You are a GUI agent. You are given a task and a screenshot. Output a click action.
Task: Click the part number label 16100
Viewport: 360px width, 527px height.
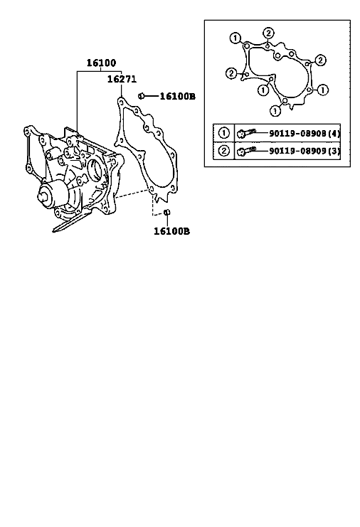(101, 63)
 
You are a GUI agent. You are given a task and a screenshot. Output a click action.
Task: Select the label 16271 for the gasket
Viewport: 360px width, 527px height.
(122, 79)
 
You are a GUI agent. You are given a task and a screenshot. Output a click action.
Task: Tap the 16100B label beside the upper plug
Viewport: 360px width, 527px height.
(177, 97)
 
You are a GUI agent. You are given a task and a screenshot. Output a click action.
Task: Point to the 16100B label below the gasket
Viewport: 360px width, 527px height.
(171, 231)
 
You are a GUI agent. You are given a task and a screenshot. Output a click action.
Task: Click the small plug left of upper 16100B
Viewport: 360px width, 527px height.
(142, 96)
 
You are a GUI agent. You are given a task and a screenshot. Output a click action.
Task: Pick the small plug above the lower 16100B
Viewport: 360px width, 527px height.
(166, 212)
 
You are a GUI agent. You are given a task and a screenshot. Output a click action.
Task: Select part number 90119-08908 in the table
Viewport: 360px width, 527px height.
(298, 134)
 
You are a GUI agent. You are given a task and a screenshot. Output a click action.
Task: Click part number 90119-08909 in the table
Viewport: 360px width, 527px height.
(298, 151)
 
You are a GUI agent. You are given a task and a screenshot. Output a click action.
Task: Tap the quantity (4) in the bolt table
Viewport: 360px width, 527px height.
(334, 134)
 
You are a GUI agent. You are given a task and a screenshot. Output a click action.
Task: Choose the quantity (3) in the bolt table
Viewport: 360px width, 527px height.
(334, 151)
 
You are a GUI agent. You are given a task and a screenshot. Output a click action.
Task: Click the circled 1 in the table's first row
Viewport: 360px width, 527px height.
(224, 134)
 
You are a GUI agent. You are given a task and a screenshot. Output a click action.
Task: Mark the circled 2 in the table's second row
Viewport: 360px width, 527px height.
(224, 151)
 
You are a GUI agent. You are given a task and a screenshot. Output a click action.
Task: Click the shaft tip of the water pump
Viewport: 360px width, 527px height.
(43, 196)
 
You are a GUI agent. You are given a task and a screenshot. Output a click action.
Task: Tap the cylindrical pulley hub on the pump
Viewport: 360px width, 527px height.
(55, 194)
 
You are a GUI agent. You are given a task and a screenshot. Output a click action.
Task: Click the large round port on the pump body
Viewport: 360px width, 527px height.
(95, 169)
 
